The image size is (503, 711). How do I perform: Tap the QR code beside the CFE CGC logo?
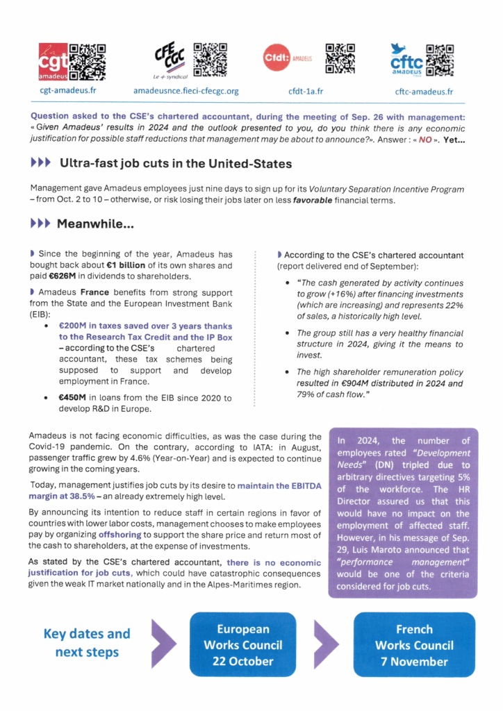[x=211, y=59]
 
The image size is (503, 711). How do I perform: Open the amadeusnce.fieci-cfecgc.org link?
[x=185, y=91]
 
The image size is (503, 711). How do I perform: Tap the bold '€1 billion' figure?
[x=117, y=266]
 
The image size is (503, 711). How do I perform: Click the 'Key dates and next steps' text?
[x=87, y=643]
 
